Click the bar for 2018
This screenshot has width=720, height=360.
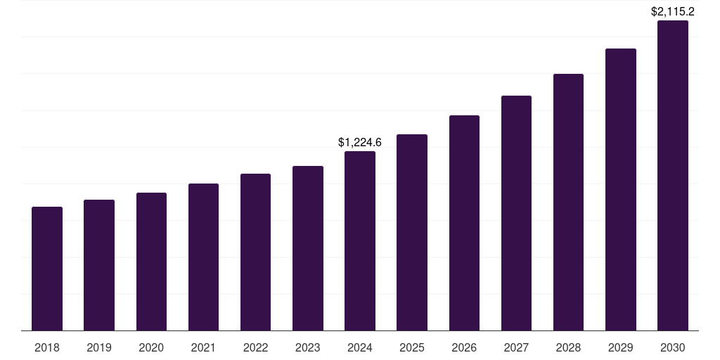tap(47, 269)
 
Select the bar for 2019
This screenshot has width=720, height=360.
tap(99, 265)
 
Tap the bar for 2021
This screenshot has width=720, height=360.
tap(203, 257)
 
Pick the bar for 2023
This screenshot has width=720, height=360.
tap(308, 248)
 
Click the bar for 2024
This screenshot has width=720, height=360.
tap(360, 240)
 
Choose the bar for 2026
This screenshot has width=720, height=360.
tap(464, 223)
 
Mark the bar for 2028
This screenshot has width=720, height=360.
tap(568, 202)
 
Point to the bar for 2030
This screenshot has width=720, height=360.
tap(673, 176)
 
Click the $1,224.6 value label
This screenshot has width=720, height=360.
tap(360, 143)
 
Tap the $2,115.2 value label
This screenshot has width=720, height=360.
tap(673, 12)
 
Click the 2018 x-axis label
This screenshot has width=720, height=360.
tap(47, 348)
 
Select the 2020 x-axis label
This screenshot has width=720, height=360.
tap(151, 348)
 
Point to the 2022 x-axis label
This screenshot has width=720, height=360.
tap(255, 348)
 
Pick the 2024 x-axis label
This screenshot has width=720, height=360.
tap(360, 348)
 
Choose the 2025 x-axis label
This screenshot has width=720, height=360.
tap(412, 348)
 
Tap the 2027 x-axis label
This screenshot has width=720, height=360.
tap(516, 348)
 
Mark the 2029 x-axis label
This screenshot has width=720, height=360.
tap(620, 348)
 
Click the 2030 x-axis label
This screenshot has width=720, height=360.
tap(673, 348)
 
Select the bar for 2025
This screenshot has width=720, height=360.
tap(412, 232)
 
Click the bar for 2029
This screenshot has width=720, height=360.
tap(620, 189)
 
